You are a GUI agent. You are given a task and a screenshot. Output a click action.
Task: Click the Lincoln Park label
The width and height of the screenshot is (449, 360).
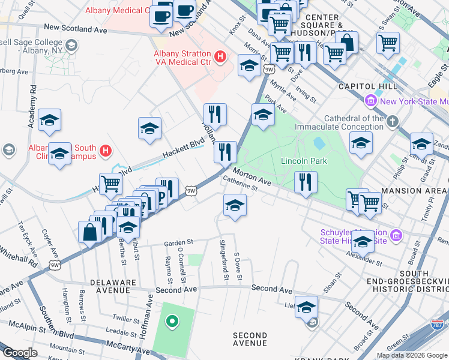pos(304,161)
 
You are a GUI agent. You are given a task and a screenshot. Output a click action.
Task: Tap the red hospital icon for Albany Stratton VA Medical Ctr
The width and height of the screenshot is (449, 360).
pos(220,57)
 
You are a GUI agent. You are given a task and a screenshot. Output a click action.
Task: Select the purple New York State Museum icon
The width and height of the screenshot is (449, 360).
pos(370,101)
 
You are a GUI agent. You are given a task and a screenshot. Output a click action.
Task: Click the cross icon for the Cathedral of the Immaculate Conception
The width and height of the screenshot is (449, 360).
pos(393,122)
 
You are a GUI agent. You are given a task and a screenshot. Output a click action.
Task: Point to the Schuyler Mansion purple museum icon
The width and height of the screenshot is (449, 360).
pos(396,235)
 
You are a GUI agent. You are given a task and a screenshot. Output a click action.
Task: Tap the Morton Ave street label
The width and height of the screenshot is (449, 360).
pos(252,176)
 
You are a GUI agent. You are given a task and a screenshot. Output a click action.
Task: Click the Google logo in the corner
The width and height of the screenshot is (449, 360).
pos(20,353)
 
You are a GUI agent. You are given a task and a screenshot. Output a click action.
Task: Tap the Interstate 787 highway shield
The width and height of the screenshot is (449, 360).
pos(437,325)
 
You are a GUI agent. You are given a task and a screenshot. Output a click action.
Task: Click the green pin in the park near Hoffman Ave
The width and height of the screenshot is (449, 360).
pos(172,322)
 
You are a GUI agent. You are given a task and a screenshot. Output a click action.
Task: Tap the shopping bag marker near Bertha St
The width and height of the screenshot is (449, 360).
pos(89,232)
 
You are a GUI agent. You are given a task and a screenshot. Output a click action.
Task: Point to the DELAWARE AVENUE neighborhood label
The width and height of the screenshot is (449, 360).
pos(110,286)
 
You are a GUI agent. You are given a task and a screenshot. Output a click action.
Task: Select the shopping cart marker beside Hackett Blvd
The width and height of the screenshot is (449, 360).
pos(110,184)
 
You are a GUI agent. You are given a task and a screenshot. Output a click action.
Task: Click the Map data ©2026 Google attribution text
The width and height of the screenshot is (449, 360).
pos(412,355)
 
